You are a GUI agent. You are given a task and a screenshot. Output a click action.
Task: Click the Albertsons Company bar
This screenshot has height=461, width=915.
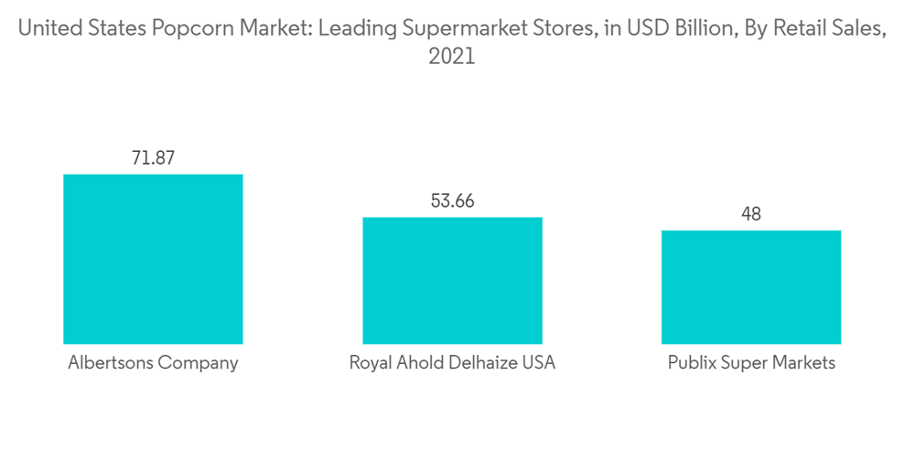153,259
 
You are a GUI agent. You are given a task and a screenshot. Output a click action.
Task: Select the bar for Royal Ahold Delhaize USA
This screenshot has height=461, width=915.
452,280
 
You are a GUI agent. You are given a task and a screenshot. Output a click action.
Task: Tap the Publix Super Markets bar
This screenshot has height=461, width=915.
751,286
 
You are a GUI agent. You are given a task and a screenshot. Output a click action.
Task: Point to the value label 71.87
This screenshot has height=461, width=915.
153,157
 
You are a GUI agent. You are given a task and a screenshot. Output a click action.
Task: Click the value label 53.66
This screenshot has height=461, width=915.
452,201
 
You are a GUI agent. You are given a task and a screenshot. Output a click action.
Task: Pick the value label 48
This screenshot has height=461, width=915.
751,214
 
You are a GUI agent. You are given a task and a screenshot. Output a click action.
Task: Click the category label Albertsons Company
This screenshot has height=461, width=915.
153,363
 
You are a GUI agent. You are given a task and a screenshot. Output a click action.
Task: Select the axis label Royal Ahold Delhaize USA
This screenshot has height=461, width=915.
452,363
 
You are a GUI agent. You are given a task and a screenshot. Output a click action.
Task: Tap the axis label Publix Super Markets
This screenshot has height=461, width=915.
751,363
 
